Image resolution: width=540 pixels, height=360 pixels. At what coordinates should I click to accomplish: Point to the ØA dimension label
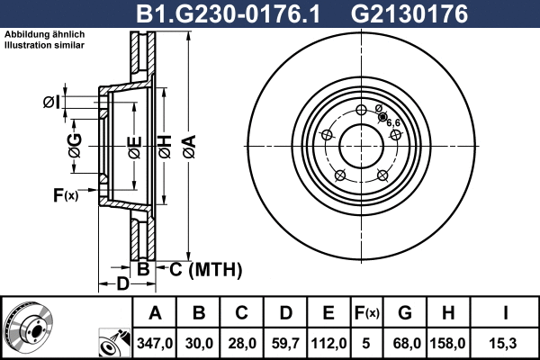[x=188, y=141]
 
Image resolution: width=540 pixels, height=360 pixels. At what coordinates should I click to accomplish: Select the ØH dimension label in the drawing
[x=166, y=141]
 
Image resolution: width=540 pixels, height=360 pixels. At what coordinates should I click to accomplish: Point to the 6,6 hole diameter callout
[x=392, y=121]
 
